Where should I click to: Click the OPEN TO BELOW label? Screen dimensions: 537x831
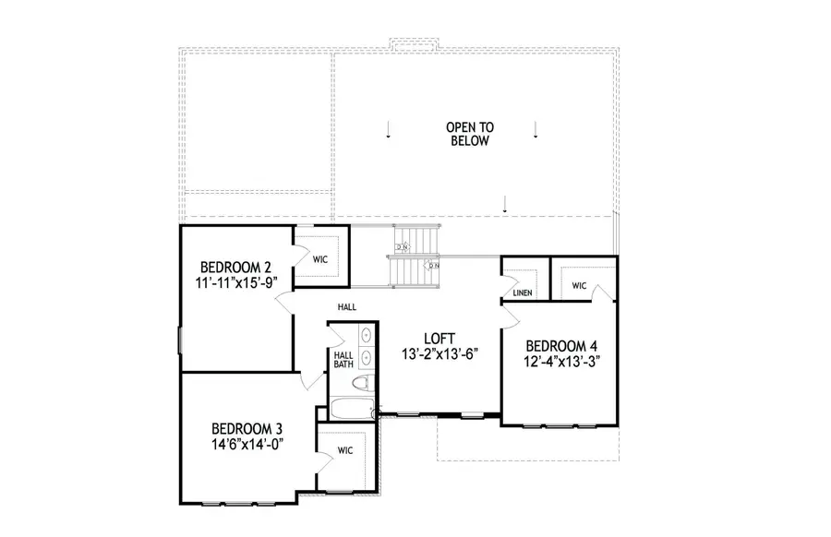coord(468,134)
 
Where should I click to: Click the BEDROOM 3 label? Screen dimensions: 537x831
coord(247,428)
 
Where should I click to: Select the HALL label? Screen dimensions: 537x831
coord(347,307)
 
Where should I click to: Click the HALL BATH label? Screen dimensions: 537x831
coord(343,359)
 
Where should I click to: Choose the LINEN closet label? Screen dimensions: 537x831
coord(521,294)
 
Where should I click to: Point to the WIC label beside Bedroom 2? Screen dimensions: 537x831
coord(320,260)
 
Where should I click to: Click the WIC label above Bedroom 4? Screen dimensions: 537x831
coord(579,286)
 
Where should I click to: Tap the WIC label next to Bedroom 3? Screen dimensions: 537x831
coord(345,452)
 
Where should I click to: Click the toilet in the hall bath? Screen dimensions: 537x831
coord(366,384)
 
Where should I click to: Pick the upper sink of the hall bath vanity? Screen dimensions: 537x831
coord(366,335)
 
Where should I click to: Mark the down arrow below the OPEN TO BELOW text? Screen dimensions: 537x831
coord(505,205)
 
